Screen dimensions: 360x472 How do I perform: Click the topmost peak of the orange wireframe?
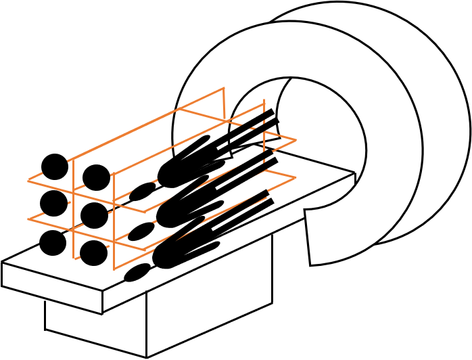point(223,88)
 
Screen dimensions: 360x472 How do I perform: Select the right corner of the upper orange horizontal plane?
point(296,141)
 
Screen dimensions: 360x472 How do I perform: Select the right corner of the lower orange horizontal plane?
point(296,177)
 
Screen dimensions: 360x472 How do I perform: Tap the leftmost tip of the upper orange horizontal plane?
point(28,181)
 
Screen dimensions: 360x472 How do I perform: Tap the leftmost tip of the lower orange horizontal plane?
point(28,219)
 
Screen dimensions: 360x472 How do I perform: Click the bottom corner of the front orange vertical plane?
point(114,269)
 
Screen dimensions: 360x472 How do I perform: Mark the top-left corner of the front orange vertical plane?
point(113,175)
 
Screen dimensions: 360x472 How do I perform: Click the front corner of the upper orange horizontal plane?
point(145,212)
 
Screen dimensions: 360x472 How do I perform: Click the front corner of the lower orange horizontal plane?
point(145,250)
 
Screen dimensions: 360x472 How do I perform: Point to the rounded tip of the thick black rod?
point(206,138)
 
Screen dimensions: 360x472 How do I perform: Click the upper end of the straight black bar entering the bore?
point(272,112)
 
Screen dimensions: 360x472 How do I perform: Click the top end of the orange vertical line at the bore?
point(264,100)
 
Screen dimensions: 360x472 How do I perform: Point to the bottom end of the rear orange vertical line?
point(74,258)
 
